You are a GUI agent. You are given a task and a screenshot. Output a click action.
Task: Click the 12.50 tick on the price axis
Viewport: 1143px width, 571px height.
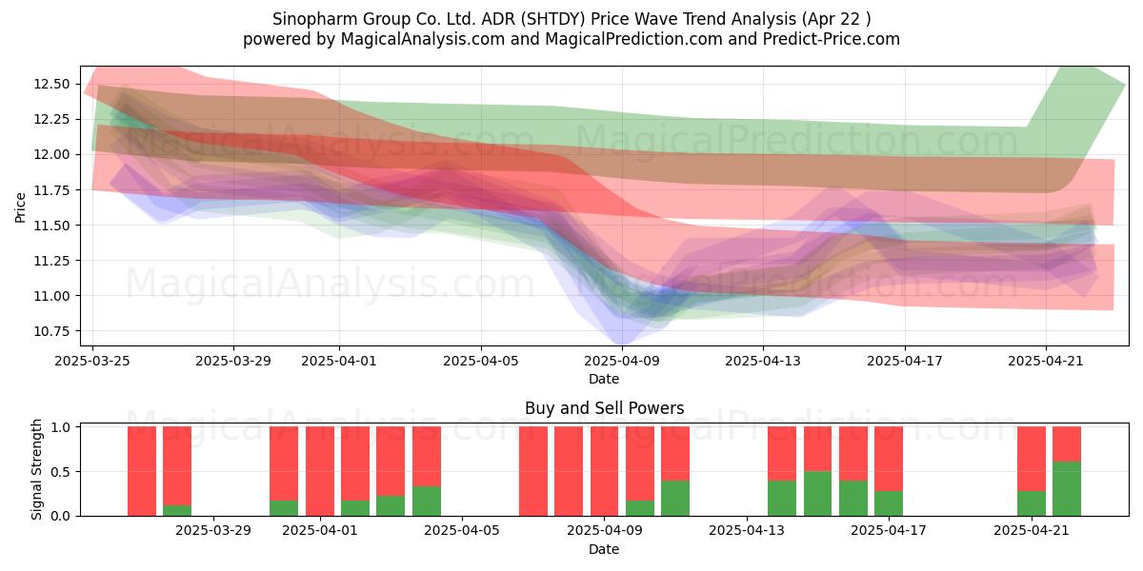[x=51, y=84]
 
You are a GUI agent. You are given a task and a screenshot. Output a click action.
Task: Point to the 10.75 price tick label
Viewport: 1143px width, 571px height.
[x=51, y=331]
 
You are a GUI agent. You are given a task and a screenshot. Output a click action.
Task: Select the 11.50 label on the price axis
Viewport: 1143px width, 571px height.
[x=51, y=226]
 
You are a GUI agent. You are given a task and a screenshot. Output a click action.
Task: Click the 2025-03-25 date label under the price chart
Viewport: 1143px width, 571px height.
[x=92, y=361]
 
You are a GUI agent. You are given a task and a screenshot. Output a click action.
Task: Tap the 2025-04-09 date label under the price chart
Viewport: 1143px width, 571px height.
[x=622, y=361]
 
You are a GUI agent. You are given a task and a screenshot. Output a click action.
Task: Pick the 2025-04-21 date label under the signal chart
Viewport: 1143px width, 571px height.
[x=1032, y=530]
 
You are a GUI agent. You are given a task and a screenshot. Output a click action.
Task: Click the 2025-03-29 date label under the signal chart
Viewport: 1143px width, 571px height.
[x=213, y=530]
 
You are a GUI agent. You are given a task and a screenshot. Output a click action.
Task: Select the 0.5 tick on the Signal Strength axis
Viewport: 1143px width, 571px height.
[x=60, y=472]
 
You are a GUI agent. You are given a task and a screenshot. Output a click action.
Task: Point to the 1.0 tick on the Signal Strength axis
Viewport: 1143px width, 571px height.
[x=60, y=427]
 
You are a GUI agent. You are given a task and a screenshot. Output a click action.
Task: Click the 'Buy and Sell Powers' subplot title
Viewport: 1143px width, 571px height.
[x=604, y=408]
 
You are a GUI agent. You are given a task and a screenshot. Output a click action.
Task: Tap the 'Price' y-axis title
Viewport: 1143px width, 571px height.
[x=20, y=207]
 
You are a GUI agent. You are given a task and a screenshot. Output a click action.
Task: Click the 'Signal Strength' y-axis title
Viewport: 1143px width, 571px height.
[x=36, y=469]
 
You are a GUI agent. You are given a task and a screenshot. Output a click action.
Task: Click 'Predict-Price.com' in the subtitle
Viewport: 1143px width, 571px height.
[x=832, y=39]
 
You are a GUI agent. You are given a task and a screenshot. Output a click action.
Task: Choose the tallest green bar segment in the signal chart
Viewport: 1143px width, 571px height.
[x=1067, y=489]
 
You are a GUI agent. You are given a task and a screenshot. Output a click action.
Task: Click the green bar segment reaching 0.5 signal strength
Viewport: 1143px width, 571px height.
[x=817, y=494]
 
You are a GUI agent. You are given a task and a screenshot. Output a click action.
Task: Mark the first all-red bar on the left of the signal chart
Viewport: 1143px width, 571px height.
[x=142, y=471]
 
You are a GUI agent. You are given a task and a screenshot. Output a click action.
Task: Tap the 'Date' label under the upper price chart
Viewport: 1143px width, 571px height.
[x=604, y=379]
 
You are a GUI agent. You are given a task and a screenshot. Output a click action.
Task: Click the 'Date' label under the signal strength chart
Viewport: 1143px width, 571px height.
[x=604, y=549]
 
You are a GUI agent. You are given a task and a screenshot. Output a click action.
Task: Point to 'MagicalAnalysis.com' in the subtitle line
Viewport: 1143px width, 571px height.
[x=423, y=39]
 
